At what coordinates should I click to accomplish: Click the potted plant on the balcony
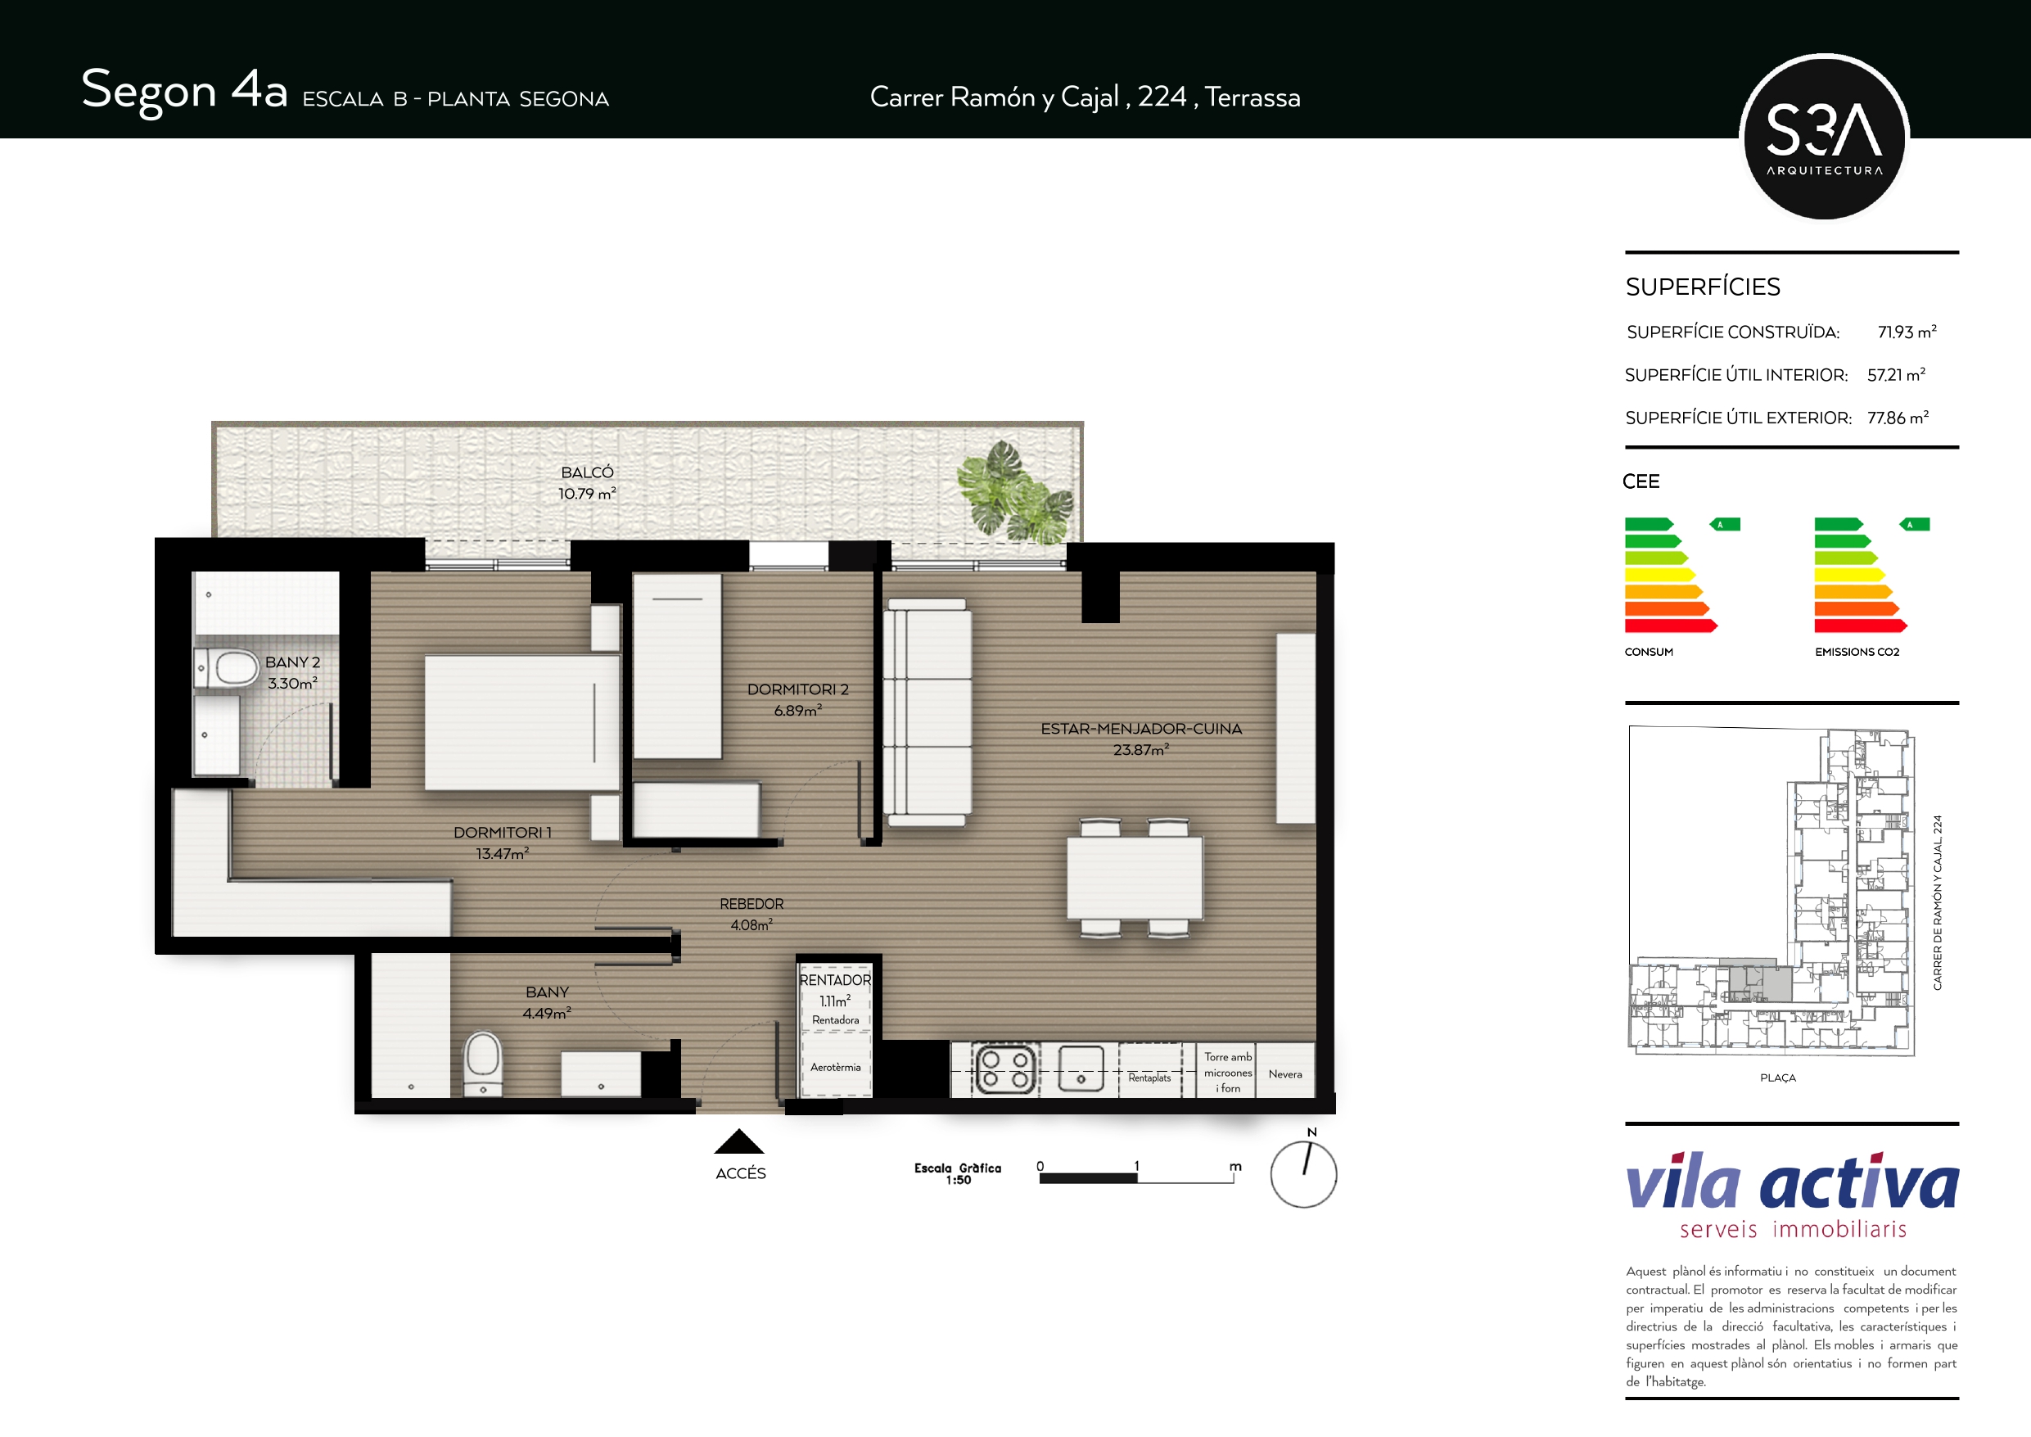1014,492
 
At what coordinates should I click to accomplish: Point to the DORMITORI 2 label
798,689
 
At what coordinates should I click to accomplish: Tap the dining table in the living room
1134,878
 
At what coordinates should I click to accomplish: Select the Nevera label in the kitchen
1285,1074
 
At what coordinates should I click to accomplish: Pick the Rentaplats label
1149,1078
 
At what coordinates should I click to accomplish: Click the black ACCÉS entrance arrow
738,1141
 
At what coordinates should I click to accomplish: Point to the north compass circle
1303,1174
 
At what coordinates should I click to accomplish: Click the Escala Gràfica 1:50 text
958,1173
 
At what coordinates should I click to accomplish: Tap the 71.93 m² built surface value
1907,332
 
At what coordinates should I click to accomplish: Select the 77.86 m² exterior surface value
1898,418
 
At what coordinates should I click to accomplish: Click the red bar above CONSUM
1671,626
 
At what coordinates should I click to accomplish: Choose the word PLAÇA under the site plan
1778,1078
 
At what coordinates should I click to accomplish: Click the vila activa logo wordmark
1792,1182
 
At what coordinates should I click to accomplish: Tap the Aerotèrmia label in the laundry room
835,1067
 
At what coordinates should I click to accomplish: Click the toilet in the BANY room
483,1064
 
